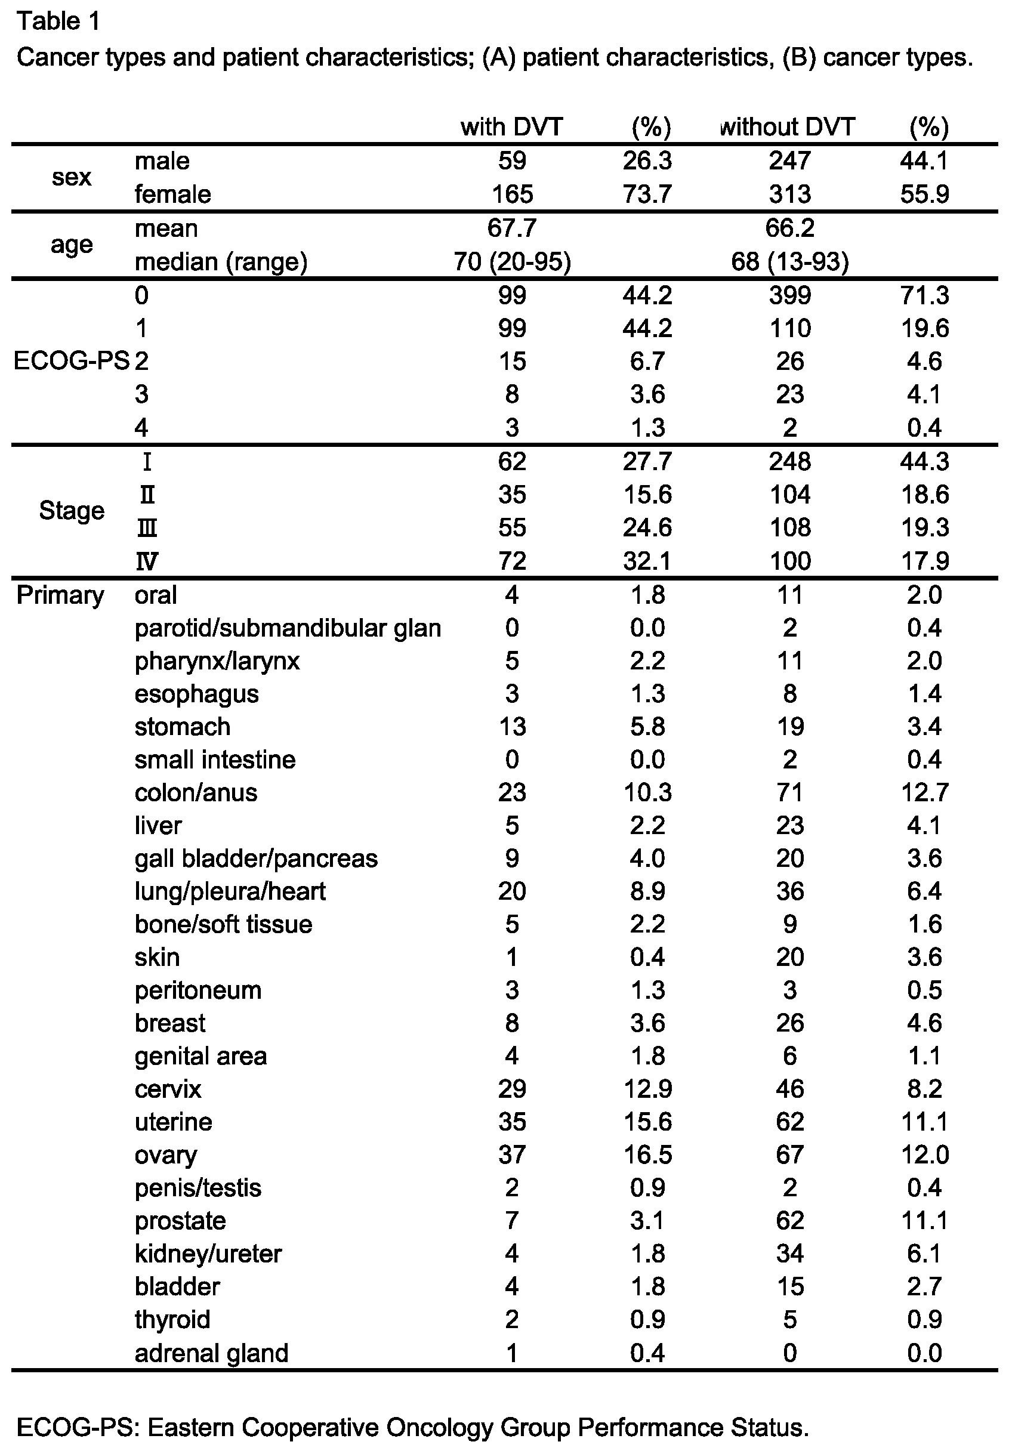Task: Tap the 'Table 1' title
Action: (x=58, y=21)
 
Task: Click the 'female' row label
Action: (x=172, y=194)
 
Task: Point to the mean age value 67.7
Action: (x=512, y=227)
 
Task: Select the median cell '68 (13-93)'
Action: (x=789, y=261)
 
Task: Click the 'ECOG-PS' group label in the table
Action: (x=71, y=361)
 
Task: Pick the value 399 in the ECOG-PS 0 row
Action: (x=789, y=295)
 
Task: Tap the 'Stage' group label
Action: (x=71, y=510)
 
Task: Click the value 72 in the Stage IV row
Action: (x=512, y=560)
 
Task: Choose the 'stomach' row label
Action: (x=183, y=726)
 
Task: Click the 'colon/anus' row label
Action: (x=196, y=792)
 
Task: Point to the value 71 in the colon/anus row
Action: (x=789, y=792)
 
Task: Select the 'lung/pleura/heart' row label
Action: (x=230, y=891)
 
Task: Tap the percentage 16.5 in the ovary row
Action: (x=647, y=1154)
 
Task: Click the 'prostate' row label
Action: (x=180, y=1220)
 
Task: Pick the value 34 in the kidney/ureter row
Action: (x=789, y=1254)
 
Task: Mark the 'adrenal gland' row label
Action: (x=211, y=1353)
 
